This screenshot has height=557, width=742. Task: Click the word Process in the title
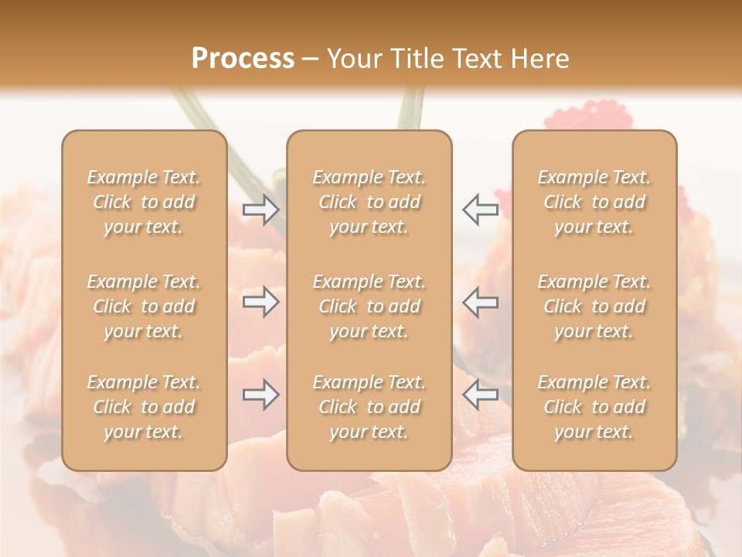243,59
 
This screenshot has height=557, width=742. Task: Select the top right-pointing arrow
261,209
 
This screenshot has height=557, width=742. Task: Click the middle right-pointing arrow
261,302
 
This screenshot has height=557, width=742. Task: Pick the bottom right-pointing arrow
261,395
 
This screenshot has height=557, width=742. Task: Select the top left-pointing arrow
480,209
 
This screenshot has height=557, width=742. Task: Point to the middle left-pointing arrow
480,302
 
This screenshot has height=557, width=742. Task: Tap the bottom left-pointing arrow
480,395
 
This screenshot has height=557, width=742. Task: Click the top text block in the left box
144,202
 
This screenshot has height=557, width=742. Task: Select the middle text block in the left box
144,306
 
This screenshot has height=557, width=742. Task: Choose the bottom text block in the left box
144,407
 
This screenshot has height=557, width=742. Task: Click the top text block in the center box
369,202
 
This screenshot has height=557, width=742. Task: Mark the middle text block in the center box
369,306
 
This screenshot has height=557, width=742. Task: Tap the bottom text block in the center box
369,407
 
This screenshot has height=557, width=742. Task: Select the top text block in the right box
594,202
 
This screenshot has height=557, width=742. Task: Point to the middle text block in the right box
594,306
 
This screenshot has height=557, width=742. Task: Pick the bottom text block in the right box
594,407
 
